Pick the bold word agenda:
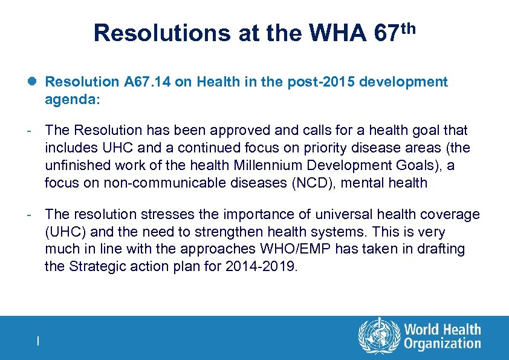72,99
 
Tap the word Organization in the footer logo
443,344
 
